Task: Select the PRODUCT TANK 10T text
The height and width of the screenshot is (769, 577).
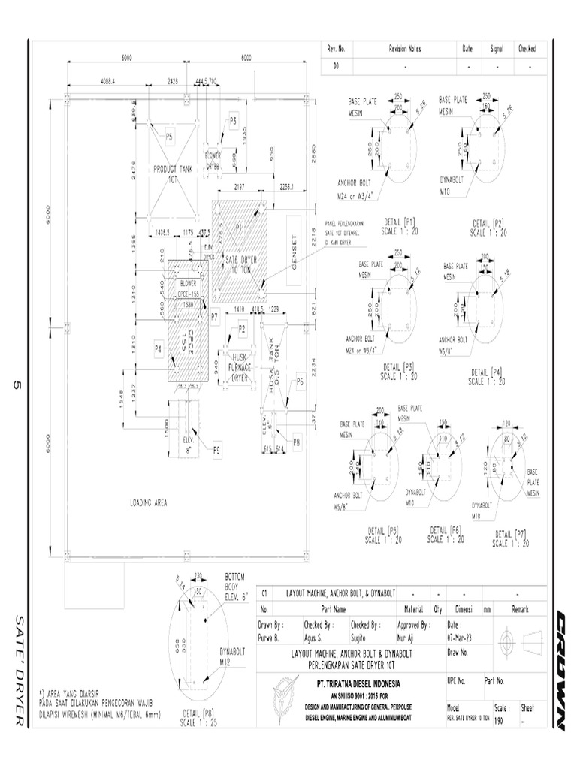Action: pos(174,173)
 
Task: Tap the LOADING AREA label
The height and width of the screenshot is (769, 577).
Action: pos(150,502)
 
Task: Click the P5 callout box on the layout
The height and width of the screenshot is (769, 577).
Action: pos(169,137)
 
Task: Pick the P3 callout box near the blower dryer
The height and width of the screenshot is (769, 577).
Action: pos(233,120)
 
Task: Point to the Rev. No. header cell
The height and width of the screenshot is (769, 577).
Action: pos(336,49)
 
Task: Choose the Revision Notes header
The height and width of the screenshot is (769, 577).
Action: pos(405,49)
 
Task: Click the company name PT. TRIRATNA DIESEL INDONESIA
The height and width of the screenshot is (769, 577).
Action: pos(358,684)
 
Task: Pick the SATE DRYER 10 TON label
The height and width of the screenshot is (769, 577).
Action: pos(241,264)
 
